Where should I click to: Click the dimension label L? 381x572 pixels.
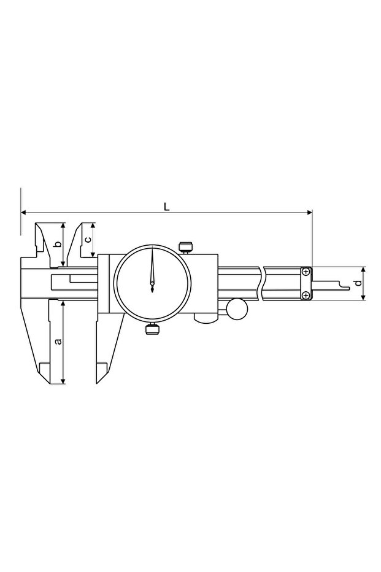(166, 206)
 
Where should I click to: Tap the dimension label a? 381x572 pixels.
(57, 342)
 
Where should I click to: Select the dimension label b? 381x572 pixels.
(57, 245)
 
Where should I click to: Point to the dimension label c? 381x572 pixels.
(88, 240)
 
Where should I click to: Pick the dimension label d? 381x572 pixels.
(358, 283)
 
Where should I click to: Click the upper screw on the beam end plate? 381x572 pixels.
(306, 272)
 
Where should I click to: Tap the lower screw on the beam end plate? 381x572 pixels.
(306, 295)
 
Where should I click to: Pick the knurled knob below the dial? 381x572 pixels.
(152, 329)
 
